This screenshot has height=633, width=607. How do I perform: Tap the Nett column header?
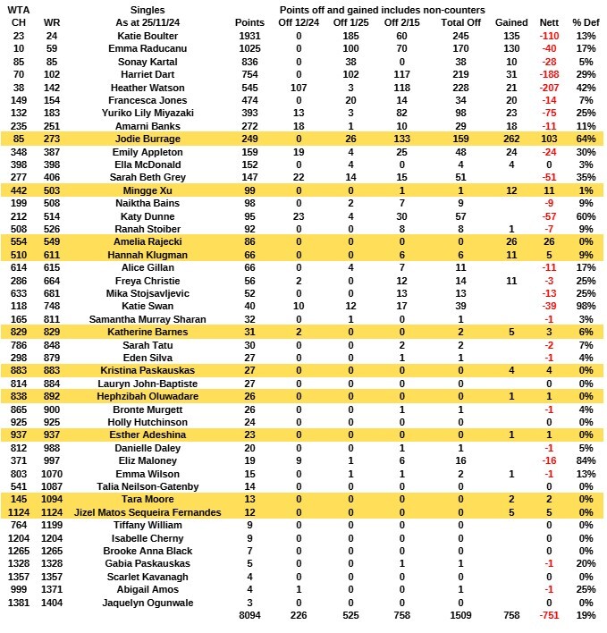549,21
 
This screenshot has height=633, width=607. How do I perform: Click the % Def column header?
586,21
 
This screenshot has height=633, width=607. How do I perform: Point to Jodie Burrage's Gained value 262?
511,139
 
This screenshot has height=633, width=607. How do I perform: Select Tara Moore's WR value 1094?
53,498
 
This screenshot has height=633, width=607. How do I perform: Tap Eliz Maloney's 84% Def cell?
586,459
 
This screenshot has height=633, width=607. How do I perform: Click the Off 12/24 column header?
299,21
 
